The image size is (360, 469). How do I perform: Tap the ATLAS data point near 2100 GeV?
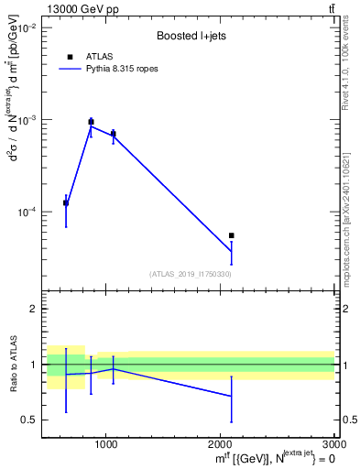point(231,235)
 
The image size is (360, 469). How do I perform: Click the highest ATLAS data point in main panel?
point(91,122)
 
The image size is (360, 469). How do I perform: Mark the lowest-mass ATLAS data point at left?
point(66,202)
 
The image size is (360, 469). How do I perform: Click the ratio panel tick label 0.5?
point(29,420)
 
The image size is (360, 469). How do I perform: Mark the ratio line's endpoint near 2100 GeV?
point(231,396)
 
